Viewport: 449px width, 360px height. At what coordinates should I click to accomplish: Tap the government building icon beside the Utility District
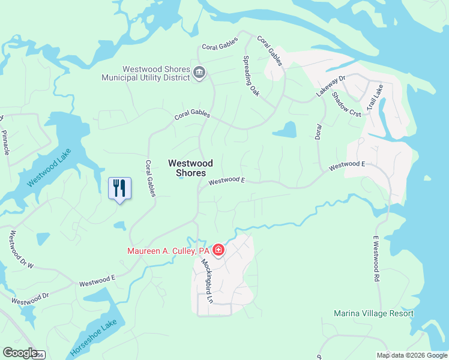(200, 73)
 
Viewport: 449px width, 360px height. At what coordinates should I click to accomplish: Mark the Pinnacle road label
(7, 142)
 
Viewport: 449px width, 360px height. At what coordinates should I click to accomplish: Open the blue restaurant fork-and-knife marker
(119, 188)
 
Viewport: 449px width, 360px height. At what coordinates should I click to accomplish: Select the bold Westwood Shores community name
(190, 167)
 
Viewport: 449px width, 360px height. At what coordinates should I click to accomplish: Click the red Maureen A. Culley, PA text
(168, 251)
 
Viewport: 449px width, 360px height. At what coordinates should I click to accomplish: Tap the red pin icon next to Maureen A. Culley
(218, 250)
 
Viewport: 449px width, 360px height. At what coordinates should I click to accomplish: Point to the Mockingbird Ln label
(207, 280)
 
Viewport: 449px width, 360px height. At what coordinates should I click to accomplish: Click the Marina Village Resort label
(374, 313)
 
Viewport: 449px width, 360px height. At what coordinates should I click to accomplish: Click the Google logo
(20, 353)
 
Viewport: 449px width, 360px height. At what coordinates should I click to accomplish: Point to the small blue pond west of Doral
(285, 130)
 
